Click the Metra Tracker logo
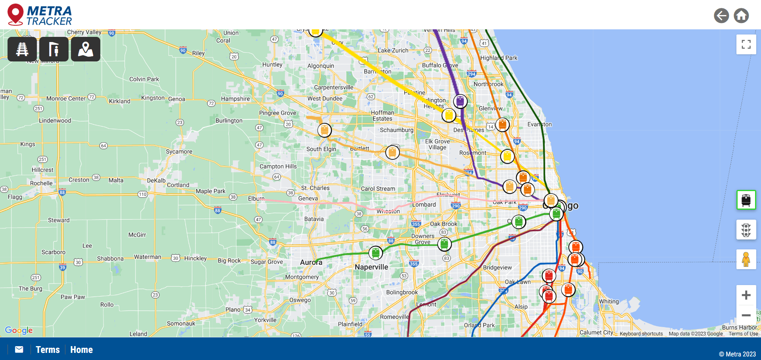point(40,15)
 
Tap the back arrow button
point(721,16)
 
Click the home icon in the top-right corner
point(741,16)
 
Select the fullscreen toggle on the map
point(746,44)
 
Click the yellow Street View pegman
point(746,259)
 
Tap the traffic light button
point(746,230)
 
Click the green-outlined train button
point(746,200)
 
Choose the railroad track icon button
point(22,49)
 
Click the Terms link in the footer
point(48,350)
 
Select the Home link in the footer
point(81,350)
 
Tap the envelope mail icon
point(19,349)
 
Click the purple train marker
point(460,101)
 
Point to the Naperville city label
point(371,267)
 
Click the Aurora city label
point(311,262)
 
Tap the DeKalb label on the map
point(156,180)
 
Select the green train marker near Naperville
point(375,253)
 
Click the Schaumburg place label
point(396,130)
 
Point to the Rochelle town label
point(41,183)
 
